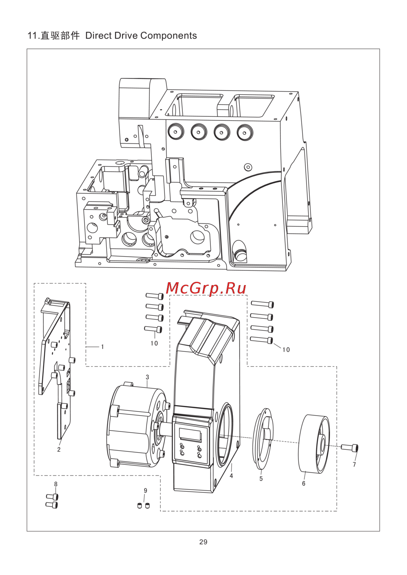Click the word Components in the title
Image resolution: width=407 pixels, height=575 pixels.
pos(168,35)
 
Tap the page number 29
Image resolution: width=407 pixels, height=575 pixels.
pos(203,542)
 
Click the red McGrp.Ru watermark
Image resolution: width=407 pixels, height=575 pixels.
pos(206,289)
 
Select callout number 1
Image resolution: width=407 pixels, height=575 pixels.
pos(102,347)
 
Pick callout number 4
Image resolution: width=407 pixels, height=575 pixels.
pos(231,476)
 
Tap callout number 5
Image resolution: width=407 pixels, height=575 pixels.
pos(261,479)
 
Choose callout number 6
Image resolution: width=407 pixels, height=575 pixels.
pos(304,484)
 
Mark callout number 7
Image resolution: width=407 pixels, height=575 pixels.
pos(354,464)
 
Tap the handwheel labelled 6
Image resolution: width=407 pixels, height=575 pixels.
pos(313,444)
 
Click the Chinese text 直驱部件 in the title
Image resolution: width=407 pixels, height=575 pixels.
pos(60,35)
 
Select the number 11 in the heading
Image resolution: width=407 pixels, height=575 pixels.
pos(33,36)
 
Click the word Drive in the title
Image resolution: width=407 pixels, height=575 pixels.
pos(126,35)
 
